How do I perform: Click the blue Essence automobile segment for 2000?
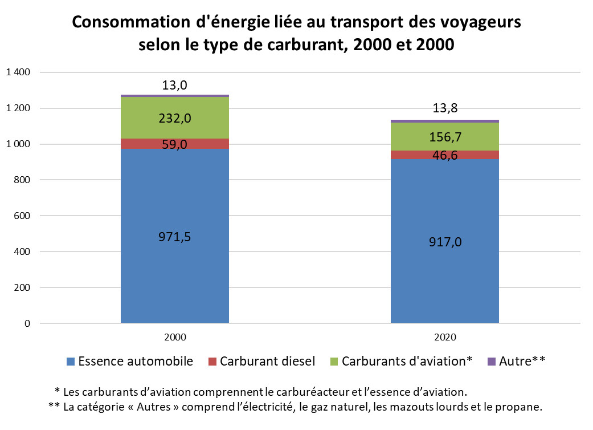[x=175, y=236]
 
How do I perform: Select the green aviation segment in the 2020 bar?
[x=445, y=137]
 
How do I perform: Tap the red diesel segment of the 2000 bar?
[x=175, y=144]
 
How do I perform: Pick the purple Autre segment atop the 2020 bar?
[x=445, y=121]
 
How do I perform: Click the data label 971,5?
[x=175, y=237]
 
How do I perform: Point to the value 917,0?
[x=445, y=242]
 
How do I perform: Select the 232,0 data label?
[x=175, y=119]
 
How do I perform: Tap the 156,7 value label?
[x=445, y=137]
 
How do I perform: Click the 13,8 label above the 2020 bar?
[x=445, y=108]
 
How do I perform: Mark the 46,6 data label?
[x=445, y=155]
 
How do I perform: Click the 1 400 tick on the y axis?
[x=18, y=72]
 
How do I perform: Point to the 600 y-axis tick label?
[x=22, y=216]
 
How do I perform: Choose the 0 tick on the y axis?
[x=27, y=323]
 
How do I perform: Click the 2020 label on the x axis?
[x=445, y=337]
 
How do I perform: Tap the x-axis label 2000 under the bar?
[x=175, y=337]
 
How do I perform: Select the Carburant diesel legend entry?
[x=261, y=361]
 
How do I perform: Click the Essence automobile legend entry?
[x=130, y=361]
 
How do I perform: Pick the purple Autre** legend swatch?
[x=492, y=362]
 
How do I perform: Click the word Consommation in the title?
[x=131, y=22]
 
